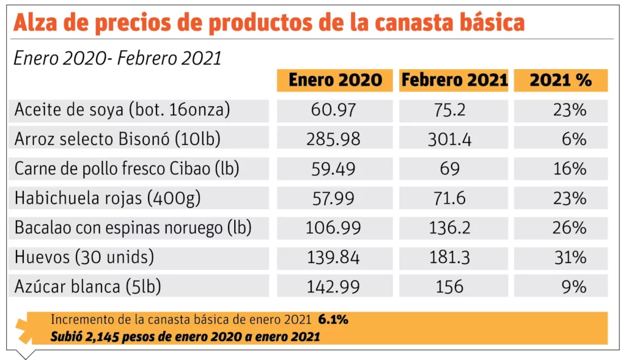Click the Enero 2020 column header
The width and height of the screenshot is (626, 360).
(x=335, y=80)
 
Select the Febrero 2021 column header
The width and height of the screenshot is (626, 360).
(x=454, y=80)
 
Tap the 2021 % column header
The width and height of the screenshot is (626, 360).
(x=561, y=80)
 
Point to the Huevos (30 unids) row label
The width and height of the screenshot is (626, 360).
(x=84, y=258)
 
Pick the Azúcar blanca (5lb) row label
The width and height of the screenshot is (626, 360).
(x=88, y=287)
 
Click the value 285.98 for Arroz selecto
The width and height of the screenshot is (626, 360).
(x=334, y=140)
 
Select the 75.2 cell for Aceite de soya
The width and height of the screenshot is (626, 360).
(x=449, y=110)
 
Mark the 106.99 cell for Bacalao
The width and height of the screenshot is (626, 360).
(x=334, y=229)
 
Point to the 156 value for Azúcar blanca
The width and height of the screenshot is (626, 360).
(x=449, y=287)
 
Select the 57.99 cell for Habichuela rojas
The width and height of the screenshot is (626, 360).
(x=334, y=199)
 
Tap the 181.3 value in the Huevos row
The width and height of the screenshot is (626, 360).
(x=449, y=258)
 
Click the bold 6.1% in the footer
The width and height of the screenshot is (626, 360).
(x=333, y=320)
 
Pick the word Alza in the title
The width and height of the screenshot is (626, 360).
(x=40, y=23)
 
